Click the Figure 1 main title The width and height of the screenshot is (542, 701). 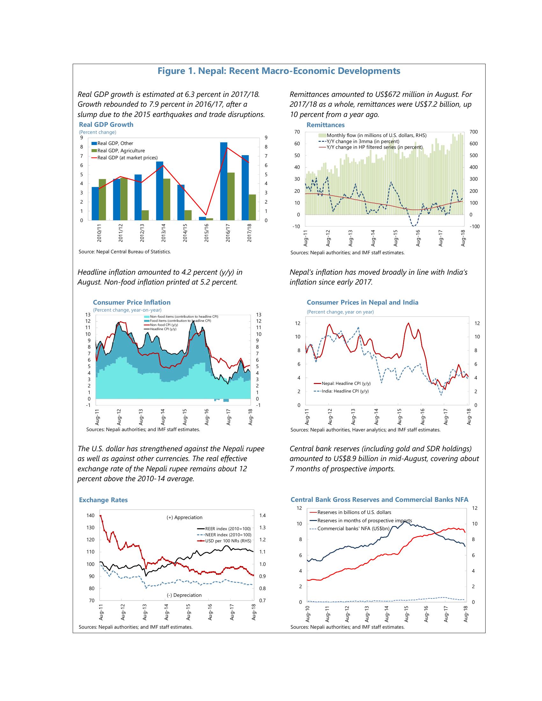click(x=279, y=71)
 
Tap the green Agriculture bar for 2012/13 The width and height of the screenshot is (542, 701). click(x=145, y=215)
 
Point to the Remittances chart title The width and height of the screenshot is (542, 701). click(x=326, y=125)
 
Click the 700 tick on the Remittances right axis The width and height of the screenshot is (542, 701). click(x=473, y=132)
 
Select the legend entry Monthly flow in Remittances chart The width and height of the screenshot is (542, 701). click(x=372, y=135)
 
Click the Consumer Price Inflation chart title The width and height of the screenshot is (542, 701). click(x=132, y=302)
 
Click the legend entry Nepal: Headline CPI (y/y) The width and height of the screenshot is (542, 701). click(x=342, y=383)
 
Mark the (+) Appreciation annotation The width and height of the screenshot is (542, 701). click(x=184, y=517)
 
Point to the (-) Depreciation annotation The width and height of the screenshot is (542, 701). click(x=184, y=595)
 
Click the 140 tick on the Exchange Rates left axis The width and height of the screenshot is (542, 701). click(x=90, y=516)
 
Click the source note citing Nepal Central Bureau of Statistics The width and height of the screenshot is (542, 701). click(x=125, y=252)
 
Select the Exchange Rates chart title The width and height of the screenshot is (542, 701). click(x=103, y=500)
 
